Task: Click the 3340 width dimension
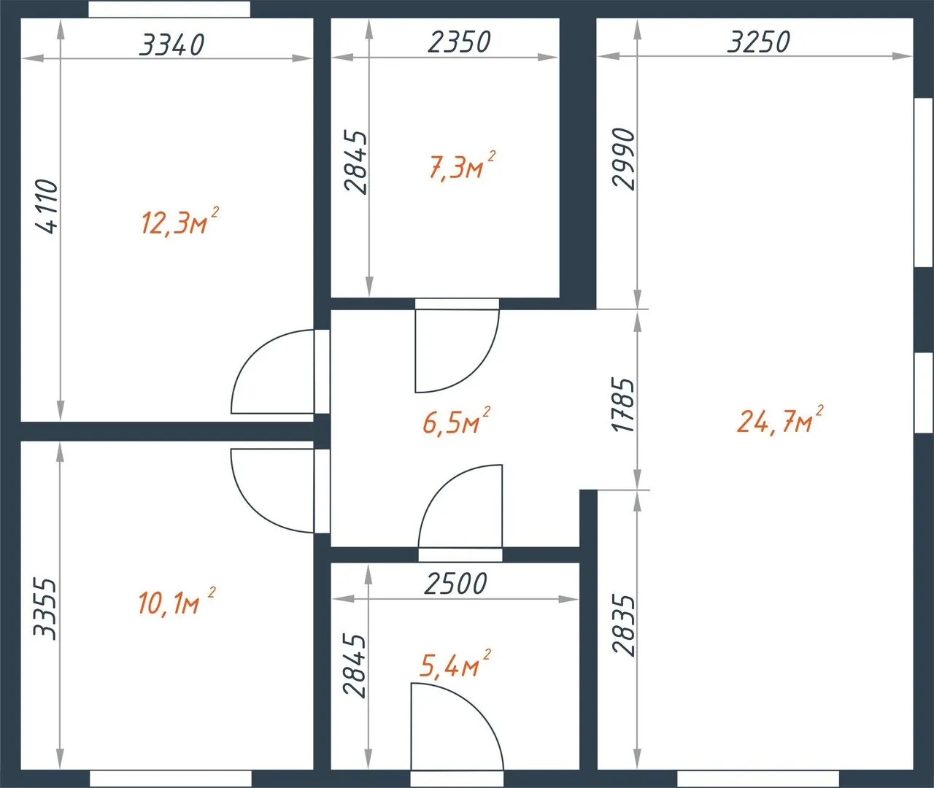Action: coord(171,45)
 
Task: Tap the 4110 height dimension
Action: coord(47,206)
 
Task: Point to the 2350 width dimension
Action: coord(460,42)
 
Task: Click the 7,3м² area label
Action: coord(463,166)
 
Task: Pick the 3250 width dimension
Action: coord(759,42)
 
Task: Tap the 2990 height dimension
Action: coord(624,159)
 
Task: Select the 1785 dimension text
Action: coord(622,405)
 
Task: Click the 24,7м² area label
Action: coord(780,420)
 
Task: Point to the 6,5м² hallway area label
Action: coord(457,420)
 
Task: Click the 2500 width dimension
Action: coord(455,584)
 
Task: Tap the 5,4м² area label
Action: coord(455,663)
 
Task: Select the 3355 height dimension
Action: coord(45,609)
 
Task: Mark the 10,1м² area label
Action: coord(177,601)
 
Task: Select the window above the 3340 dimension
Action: coord(169,9)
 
